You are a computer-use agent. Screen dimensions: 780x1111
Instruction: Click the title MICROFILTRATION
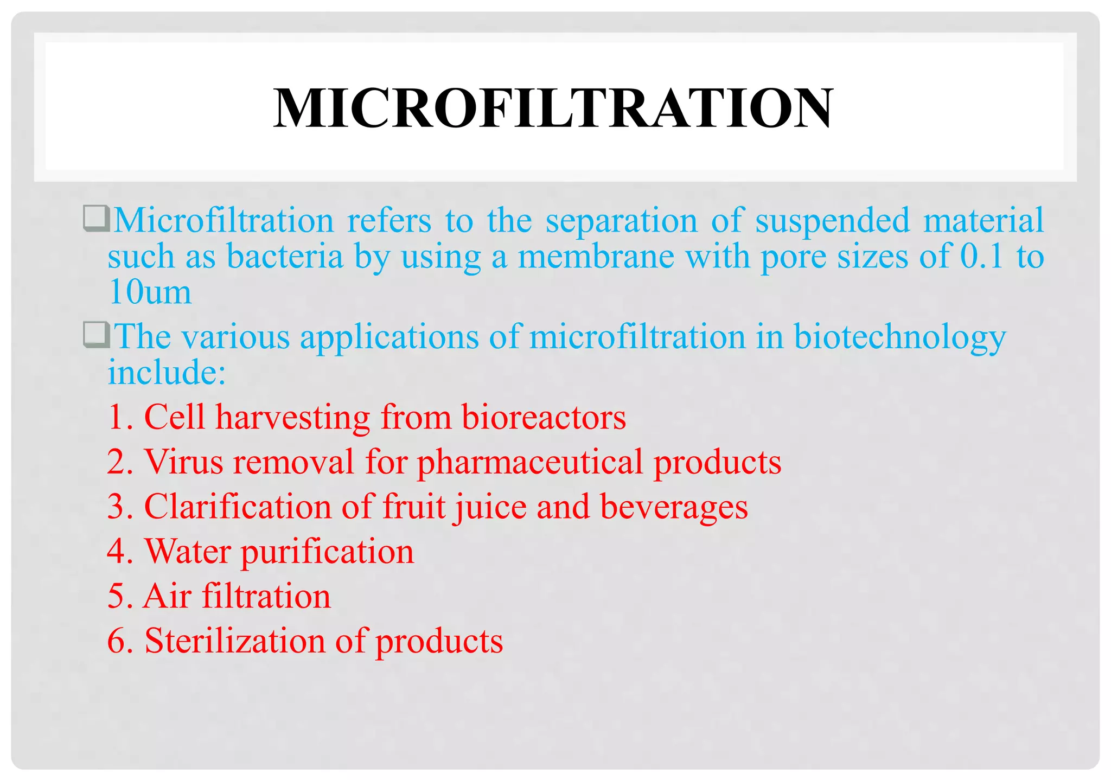tap(553, 108)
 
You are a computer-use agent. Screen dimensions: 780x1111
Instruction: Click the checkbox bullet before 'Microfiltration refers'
tap(97, 219)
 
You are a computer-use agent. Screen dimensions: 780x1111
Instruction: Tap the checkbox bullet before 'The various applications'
tap(97, 335)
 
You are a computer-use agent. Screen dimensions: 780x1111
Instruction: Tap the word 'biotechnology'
tap(899, 337)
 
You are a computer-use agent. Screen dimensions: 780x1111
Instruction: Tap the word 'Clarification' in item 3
tap(238, 507)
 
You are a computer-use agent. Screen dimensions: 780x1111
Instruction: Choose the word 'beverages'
tap(674, 508)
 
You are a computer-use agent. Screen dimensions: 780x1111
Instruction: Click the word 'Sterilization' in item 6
tap(235, 641)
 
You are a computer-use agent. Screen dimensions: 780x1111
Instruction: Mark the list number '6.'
tap(120, 641)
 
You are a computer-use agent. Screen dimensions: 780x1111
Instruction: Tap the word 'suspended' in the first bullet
tap(832, 221)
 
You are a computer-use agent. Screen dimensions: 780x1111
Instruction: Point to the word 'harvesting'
tap(293, 418)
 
